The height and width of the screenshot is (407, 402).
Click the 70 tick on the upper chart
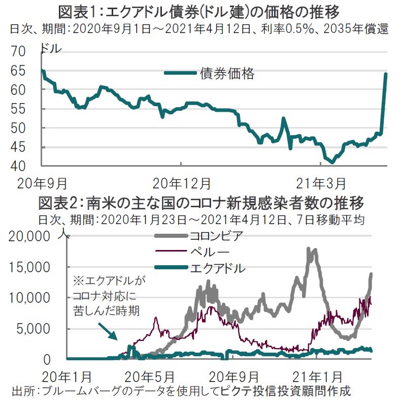click(25, 51)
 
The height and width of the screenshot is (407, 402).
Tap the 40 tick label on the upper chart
click(25, 166)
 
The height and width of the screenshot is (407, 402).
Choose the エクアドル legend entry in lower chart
click(216, 268)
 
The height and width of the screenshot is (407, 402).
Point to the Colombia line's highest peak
click(309, 249)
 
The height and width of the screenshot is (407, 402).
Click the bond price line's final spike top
click(386, 74)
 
